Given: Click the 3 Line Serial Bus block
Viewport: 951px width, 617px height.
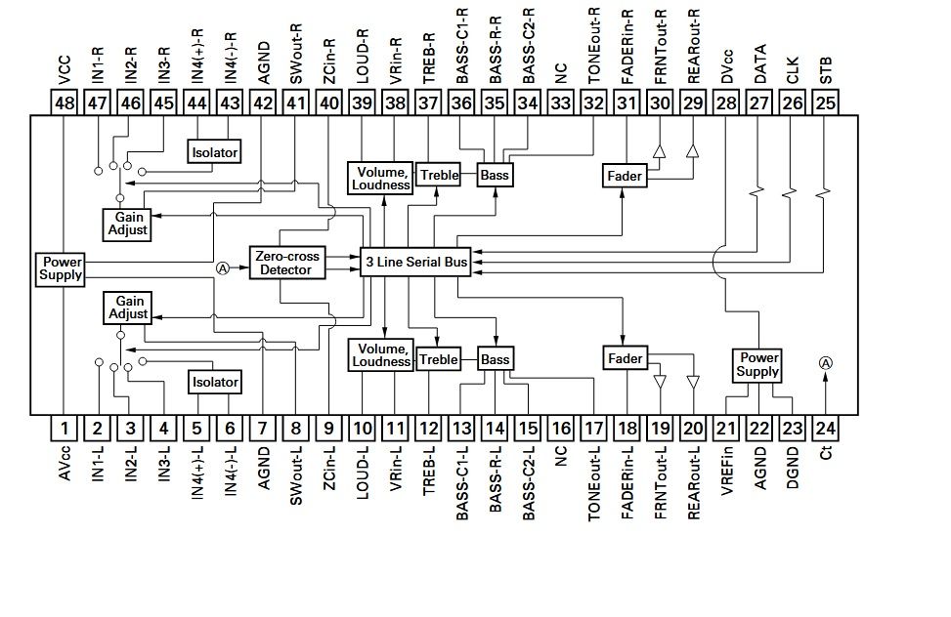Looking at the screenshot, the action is point(415,262).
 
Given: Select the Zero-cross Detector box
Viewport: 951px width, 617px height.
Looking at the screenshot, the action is point(287,263).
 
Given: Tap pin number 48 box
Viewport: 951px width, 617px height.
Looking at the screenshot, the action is point(65,103).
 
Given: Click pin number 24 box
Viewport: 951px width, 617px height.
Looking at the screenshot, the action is point(825,429).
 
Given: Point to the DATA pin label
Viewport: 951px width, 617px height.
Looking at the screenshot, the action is point(760,63).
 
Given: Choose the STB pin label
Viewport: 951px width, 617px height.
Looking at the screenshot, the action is point(826,70).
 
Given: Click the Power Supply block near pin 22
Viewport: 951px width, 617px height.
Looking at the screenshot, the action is point(756,365).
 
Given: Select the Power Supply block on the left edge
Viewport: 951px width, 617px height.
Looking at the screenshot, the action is point(60,269).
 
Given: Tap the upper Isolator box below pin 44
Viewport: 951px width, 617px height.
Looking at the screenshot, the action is point(214,152).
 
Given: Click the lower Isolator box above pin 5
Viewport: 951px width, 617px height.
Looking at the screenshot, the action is point(215,382).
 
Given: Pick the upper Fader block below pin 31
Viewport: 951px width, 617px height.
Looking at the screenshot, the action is point(625,176).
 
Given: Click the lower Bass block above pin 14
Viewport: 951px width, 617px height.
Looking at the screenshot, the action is point(495,359).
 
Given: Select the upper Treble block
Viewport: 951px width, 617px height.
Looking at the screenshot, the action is point(439,175).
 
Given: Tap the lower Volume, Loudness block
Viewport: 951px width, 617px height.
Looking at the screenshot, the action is point(381,355).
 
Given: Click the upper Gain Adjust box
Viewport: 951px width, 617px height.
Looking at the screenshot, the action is point(127,225).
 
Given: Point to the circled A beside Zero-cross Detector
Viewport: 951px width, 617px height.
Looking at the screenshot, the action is point(223,267).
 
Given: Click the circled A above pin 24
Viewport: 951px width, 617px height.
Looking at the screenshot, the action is point(826,363).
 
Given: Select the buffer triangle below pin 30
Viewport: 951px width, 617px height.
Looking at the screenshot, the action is point(660,151).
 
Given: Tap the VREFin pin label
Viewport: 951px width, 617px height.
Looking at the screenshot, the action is point(726,471).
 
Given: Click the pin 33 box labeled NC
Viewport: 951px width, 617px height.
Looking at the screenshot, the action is point(560,103).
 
